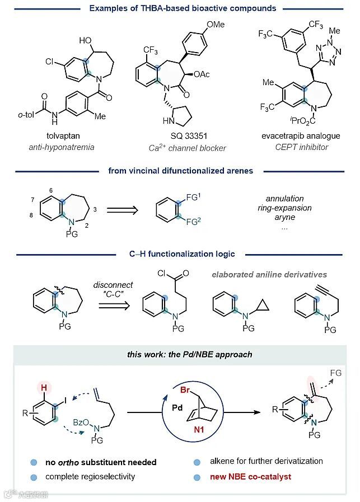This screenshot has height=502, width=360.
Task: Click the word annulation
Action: (285, 198)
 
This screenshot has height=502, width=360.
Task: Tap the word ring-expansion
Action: (289, 208)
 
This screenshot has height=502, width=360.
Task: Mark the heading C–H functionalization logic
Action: (179, 254)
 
